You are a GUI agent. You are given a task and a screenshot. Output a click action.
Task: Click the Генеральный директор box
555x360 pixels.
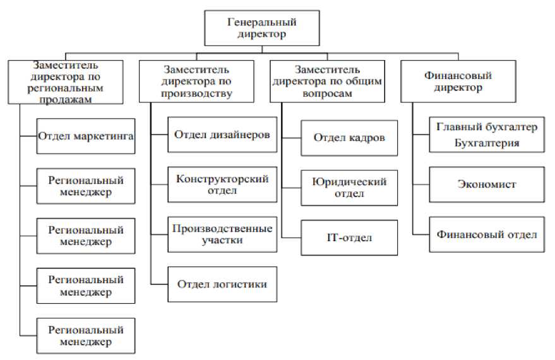[262, 28]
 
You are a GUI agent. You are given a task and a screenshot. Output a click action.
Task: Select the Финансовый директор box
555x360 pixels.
[458, 81]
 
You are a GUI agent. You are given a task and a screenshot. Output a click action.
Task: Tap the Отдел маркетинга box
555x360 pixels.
[86, 136]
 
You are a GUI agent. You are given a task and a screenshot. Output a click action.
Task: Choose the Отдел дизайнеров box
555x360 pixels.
[222, 135]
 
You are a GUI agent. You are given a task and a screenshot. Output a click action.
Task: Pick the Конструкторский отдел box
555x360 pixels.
[222, 185]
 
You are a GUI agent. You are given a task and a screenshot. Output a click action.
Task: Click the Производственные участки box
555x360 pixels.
[222, 234]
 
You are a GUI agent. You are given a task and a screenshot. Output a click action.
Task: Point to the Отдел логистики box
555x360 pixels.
[222, 284]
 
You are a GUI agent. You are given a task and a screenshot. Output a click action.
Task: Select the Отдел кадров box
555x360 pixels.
[349, 138]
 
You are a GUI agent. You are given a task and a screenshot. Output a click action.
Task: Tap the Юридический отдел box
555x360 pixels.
[349, 188]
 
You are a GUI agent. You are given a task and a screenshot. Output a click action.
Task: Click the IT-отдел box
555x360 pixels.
[349, 238]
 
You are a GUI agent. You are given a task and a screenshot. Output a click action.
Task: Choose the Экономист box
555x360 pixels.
[487, 185]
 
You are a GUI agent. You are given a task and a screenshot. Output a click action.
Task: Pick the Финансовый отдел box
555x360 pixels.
[487, 234]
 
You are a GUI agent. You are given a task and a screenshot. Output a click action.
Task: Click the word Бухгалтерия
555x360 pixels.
[487, 143]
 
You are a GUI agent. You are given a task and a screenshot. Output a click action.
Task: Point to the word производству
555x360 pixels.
[196, 94]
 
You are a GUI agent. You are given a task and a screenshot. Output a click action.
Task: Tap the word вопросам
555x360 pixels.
[327, 94]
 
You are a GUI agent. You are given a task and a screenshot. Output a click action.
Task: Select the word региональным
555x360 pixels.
[66, 88]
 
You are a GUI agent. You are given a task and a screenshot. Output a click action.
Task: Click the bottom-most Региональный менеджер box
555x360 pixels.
[86, 335]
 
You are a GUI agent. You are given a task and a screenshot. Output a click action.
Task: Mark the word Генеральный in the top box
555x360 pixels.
[261, 22]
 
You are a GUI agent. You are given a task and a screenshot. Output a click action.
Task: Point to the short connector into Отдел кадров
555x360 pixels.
[291, 138]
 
